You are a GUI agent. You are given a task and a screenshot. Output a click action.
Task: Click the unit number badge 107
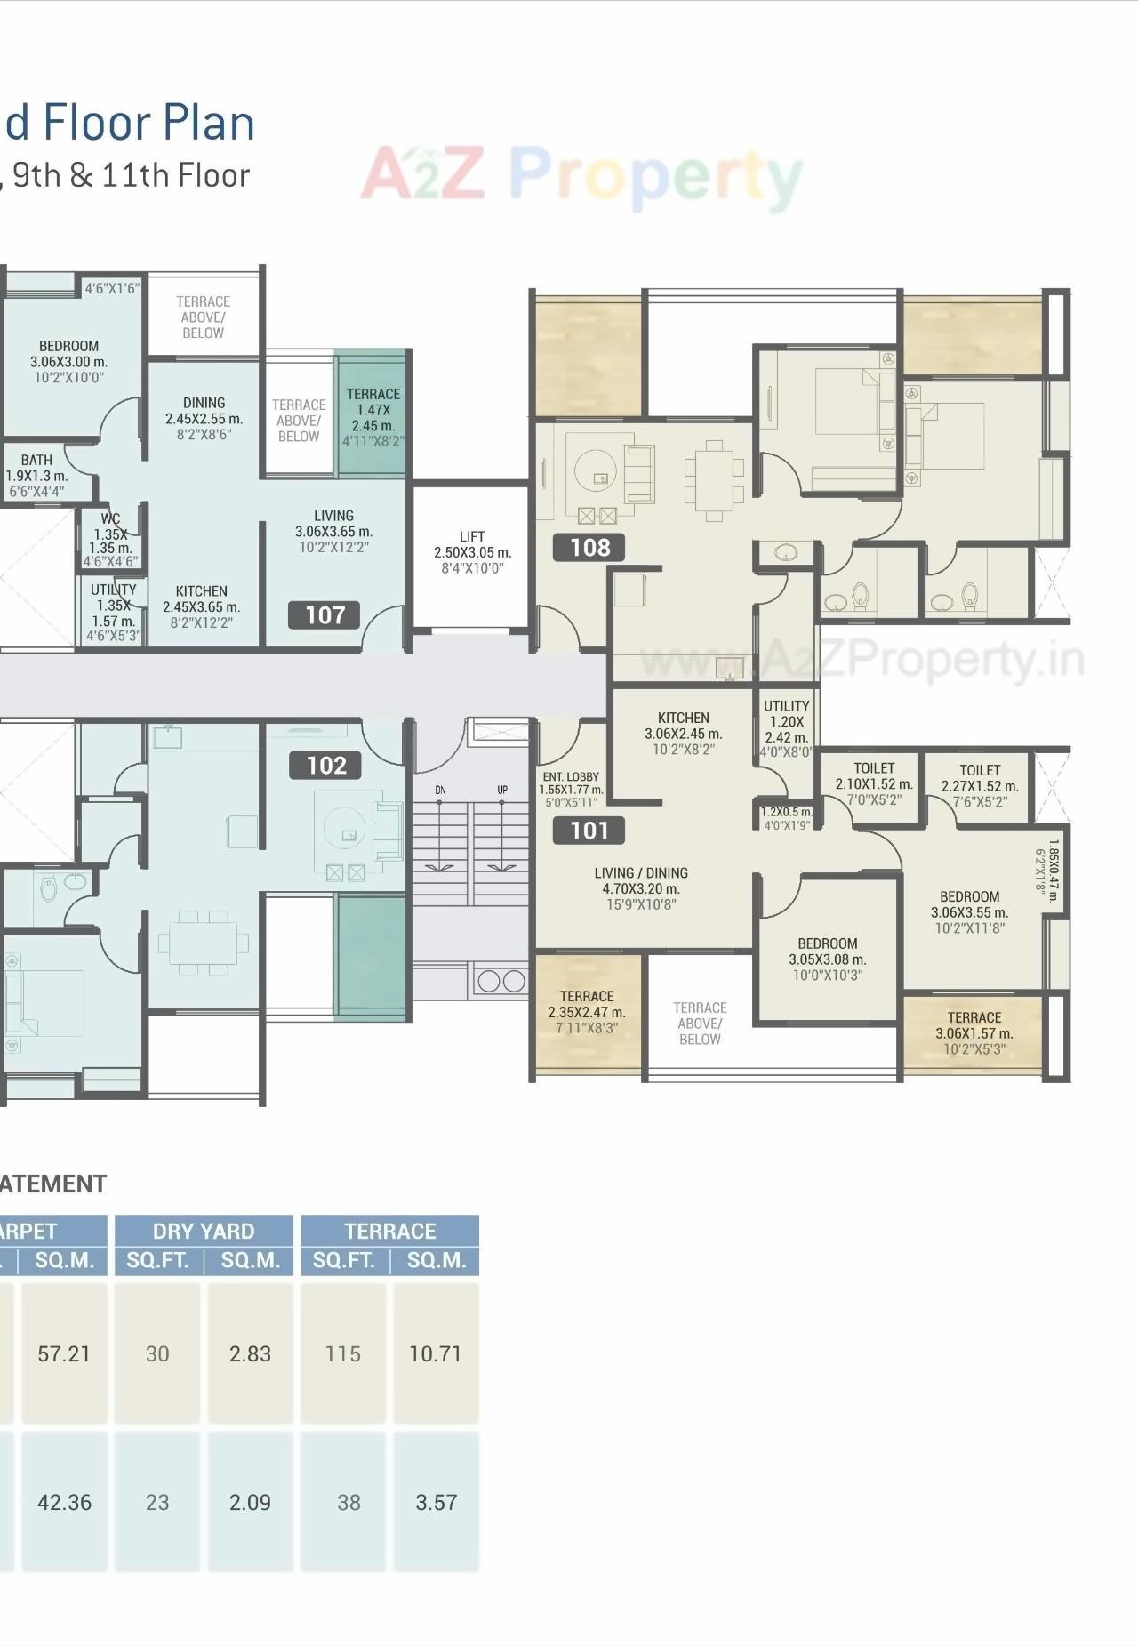(x=325, y=614)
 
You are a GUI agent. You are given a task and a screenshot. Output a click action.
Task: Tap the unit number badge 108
(x=589, y=547)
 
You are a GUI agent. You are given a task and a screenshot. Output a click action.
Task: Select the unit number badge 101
(x=589, y=831)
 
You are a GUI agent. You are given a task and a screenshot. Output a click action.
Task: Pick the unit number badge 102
(x=325, y=765)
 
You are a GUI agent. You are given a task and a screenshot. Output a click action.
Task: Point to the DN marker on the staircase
(x=440, y=790)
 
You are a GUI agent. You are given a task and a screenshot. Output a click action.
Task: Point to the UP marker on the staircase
(x=502, y=790)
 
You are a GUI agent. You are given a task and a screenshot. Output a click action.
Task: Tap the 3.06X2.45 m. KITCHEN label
(x=683, y=733)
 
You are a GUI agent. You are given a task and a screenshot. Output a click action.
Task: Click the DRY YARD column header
(x=204, y=1231)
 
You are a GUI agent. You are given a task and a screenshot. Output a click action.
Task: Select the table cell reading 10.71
(x=435, y=1353)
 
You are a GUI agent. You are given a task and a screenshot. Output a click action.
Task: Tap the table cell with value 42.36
(x=64, y=1502)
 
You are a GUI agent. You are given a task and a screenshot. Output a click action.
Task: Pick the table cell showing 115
(x=343, y=1353)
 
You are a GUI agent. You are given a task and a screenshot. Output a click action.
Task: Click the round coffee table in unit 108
(x=595, y=470)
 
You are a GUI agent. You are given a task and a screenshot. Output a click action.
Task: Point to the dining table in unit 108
(x=713, y=480)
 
